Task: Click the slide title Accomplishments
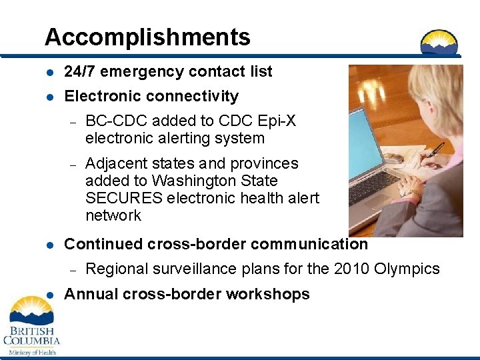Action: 147,37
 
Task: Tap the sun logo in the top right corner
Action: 439,42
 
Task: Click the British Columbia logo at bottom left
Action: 31,327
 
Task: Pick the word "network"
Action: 113,215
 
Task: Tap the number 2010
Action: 352,269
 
